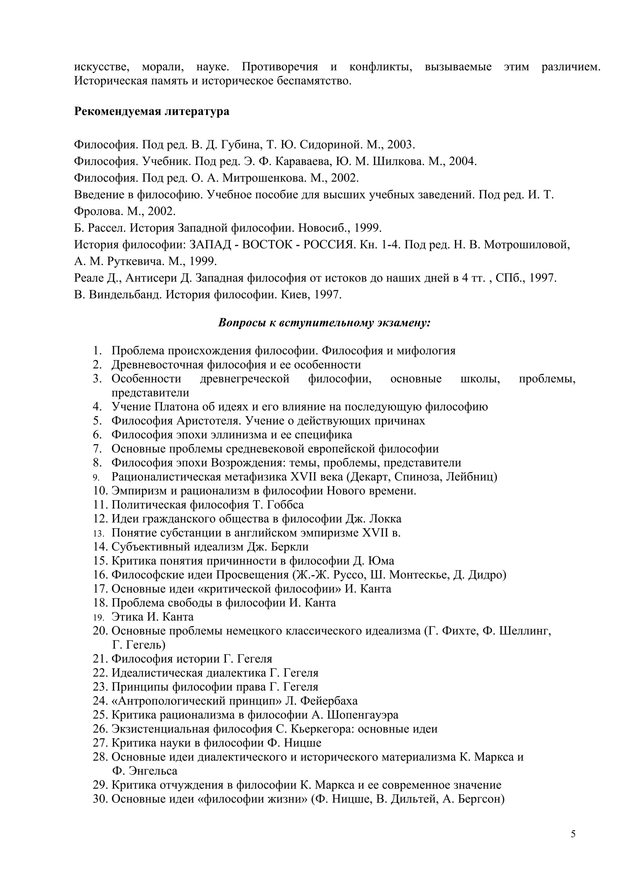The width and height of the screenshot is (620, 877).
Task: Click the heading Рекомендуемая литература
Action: coord(152,112)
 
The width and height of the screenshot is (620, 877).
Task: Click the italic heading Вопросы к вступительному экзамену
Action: coord(324,323)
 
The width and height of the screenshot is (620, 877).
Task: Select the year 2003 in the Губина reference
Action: coord(400,145)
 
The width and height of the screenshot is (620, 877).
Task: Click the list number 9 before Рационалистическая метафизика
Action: coord(96,478)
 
